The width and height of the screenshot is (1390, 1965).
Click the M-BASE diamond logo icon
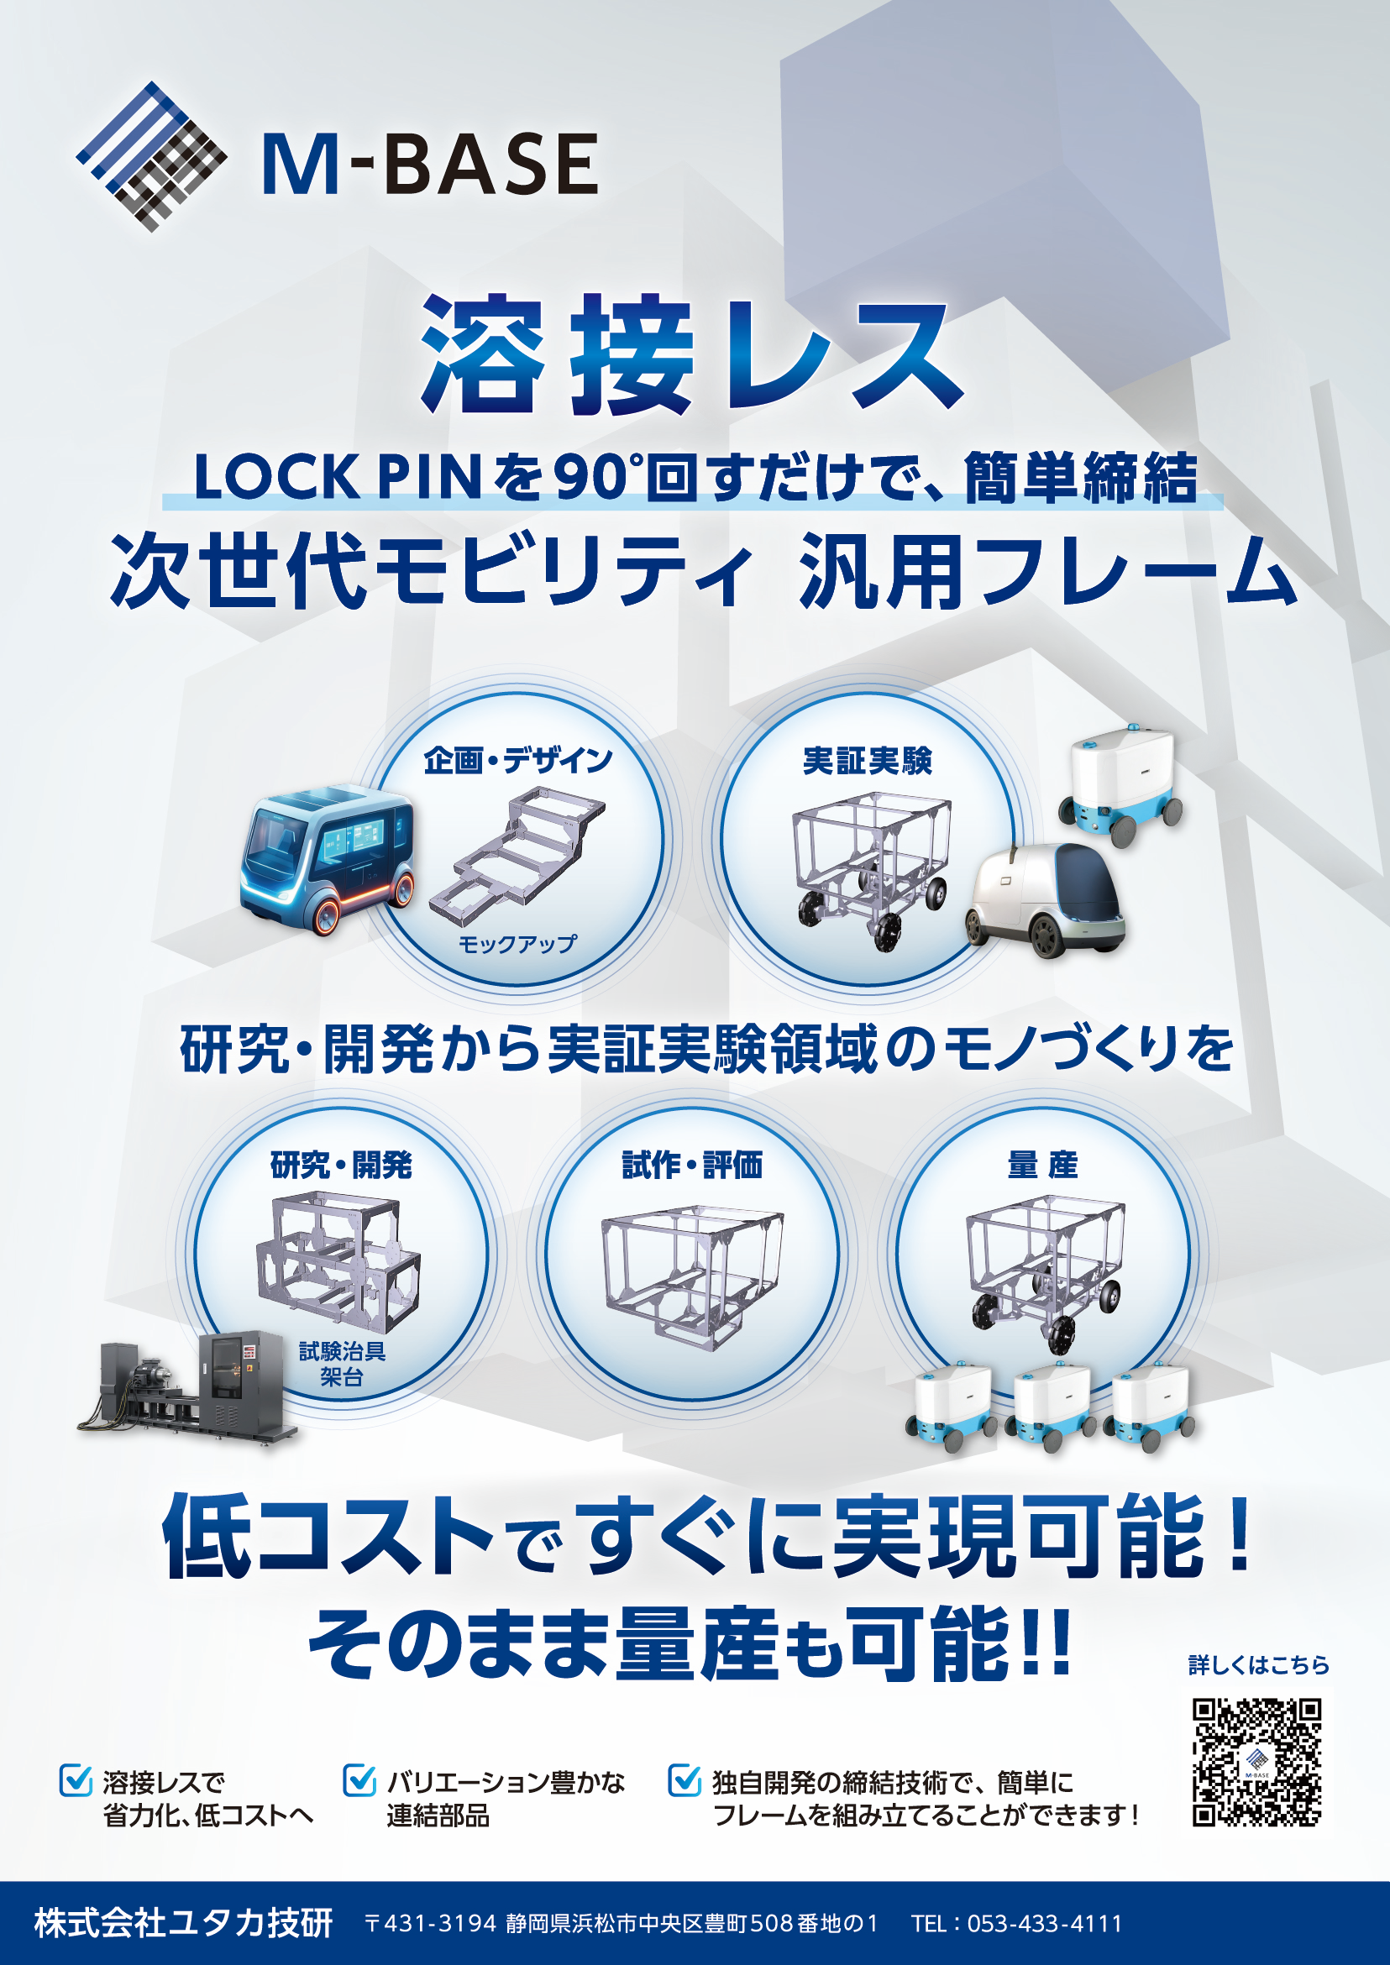pos(151,157)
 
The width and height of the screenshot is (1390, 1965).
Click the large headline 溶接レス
pos(692,354)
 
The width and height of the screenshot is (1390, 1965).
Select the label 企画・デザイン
pos(519,760)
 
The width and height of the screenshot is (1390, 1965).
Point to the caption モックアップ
pos(518,944)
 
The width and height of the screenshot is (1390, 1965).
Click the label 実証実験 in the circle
pos(867,760)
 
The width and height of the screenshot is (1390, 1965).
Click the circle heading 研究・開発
pos(342,1165)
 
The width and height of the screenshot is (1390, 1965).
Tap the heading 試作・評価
pos(691,1165)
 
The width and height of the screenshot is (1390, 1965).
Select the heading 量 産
pos(1042,1165)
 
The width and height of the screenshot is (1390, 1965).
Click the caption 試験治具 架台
pos(342,1365)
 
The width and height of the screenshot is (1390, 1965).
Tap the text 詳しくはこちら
pos(1258,1665)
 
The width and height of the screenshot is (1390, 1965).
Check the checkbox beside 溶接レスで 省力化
pos(76,1779)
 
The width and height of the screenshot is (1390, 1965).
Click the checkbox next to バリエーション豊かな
pos(359,1779)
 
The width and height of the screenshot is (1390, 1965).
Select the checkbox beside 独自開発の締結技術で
pos(685,1779)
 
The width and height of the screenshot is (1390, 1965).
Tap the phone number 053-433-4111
pos(1044,1924)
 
